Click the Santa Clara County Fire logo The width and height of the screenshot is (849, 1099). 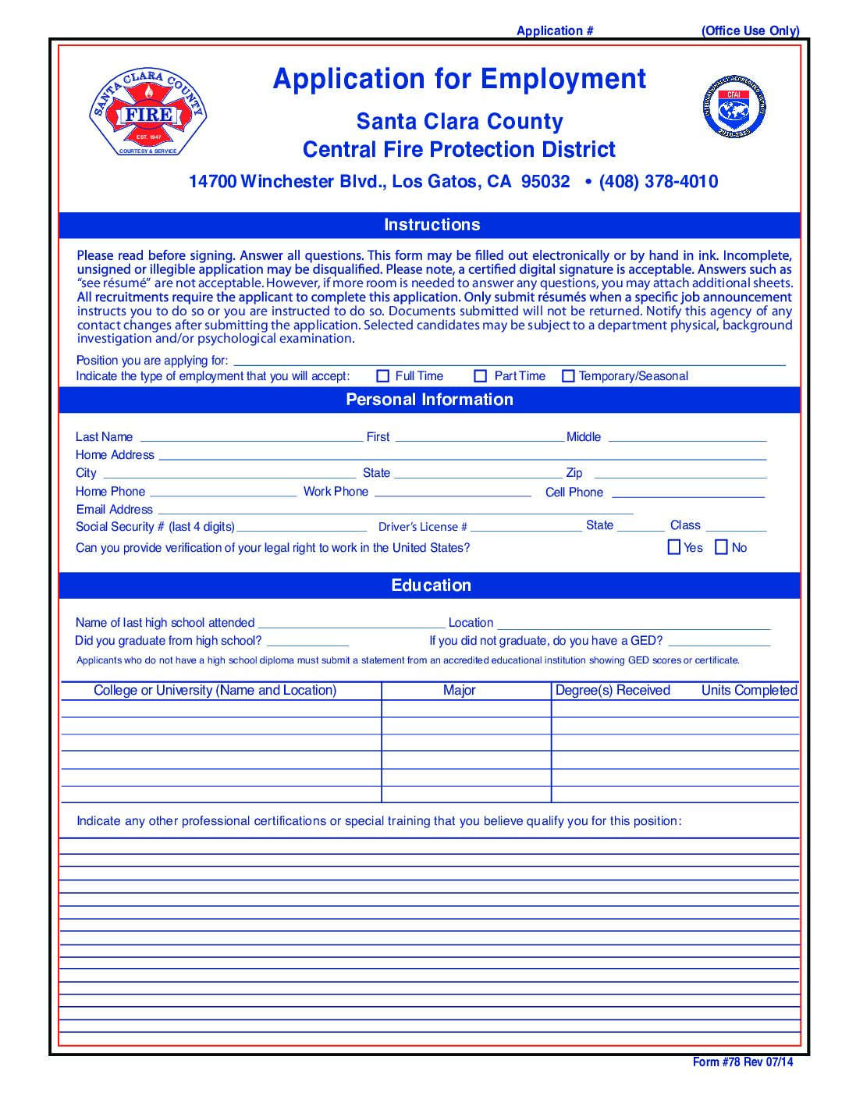pos(148,112)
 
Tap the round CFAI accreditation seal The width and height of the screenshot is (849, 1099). pos(734,107)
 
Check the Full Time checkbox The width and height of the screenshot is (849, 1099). pos(383,376)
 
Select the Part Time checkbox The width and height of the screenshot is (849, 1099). pos(481,376)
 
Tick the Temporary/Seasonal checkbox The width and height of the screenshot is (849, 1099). pos(568,376)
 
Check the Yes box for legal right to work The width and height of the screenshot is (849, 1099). pos(674,547)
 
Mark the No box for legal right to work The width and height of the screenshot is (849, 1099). pos(722,547)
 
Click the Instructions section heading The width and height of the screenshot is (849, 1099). pos(432,225)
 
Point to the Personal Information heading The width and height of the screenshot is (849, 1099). pos(429,400)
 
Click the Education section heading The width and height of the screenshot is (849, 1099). pos(431,585)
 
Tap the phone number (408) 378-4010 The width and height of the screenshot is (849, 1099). pos(659,182)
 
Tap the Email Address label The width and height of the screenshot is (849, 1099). pos(115,510)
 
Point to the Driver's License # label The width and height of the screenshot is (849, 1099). pos(423,527)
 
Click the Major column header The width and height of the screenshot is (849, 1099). pos(459,690)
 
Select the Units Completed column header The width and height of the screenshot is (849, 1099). pos(749,690)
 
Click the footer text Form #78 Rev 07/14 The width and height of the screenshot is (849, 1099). pos(742,1062)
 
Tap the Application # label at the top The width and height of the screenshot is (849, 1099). pos(555,30)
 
